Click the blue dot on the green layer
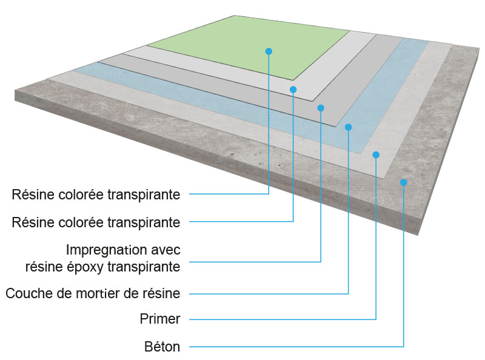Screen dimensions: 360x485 tap(269, 52)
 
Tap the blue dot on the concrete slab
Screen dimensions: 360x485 tap(403, 182)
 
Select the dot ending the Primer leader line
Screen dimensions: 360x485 tap(376, 155)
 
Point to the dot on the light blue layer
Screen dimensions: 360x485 tap(348, 127)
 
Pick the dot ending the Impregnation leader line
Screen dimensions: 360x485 tap(321, 108)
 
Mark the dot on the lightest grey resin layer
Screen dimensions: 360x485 tap(293, 89)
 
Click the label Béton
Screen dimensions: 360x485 tap(161, 347)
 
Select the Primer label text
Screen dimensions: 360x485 tap(159, 319)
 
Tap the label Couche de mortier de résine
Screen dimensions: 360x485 tap(93, 294)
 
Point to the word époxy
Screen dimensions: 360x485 tap(85, 266)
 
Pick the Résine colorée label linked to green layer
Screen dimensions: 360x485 tap(96, 195)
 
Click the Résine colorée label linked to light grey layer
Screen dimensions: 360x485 tap(96, 222)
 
